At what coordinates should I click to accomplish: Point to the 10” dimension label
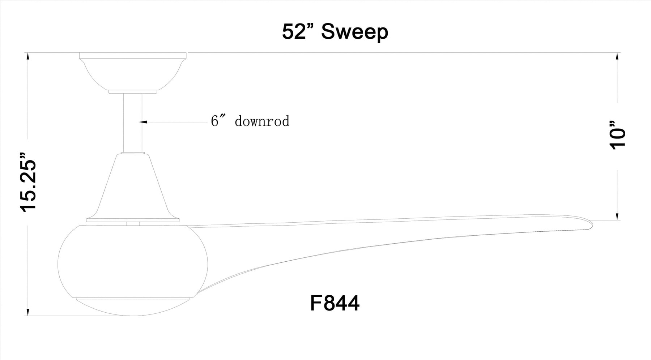tap(617, 135)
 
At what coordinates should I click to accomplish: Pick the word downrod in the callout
tap(262, 121)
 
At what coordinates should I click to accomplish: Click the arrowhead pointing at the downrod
tap(143, 122)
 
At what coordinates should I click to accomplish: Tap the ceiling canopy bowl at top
tap(133, 71)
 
